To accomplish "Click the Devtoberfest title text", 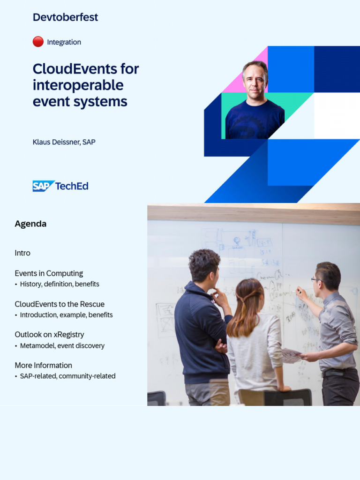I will [x=65, y=17].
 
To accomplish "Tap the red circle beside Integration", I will [x=38, y=42].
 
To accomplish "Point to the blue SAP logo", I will [x=43, y=186].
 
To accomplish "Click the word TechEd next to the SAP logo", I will [x=72, y=186].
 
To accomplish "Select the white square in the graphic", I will [x=337, y=115].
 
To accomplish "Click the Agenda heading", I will [x=30, y=224].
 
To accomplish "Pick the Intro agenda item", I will [x=22, y=253].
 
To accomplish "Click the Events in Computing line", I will [x=49, y=273].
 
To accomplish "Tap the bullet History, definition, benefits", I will [x=59, y=284].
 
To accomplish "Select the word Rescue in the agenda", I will [x=92, y=304].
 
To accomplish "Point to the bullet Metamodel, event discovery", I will [x=62, y=346].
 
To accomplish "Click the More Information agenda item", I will [x=43, y=365].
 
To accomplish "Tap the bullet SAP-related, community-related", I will [x=67, y=376].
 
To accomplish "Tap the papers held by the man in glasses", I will [x=291, y=355].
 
